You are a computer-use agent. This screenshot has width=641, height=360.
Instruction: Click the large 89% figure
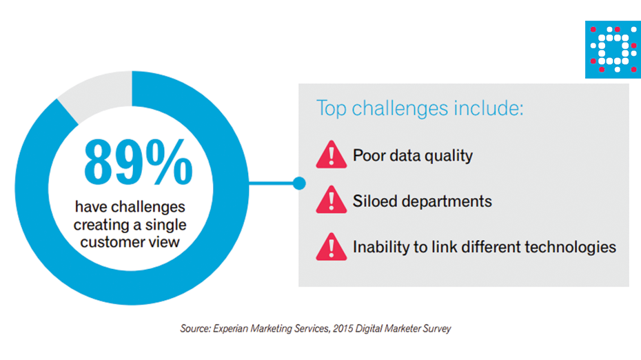(138, 162)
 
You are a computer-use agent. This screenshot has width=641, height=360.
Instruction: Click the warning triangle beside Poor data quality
(331, 154)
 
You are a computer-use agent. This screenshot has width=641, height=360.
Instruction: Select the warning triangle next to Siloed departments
(331, 199)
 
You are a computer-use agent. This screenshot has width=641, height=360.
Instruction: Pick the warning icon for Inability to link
(331, 247)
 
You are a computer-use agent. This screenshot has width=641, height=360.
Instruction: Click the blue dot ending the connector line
(299, 183)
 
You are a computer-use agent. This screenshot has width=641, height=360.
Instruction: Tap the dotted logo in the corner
(613, 50)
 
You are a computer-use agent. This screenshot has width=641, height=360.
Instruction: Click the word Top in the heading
(332, 109)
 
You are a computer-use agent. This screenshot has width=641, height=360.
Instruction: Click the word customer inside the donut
(112, 242)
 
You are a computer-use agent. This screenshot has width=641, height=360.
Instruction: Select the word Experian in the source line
(230, 328)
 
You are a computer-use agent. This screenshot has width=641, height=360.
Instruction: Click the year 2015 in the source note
(343, 328)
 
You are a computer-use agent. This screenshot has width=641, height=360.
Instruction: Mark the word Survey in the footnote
(437, 329)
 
